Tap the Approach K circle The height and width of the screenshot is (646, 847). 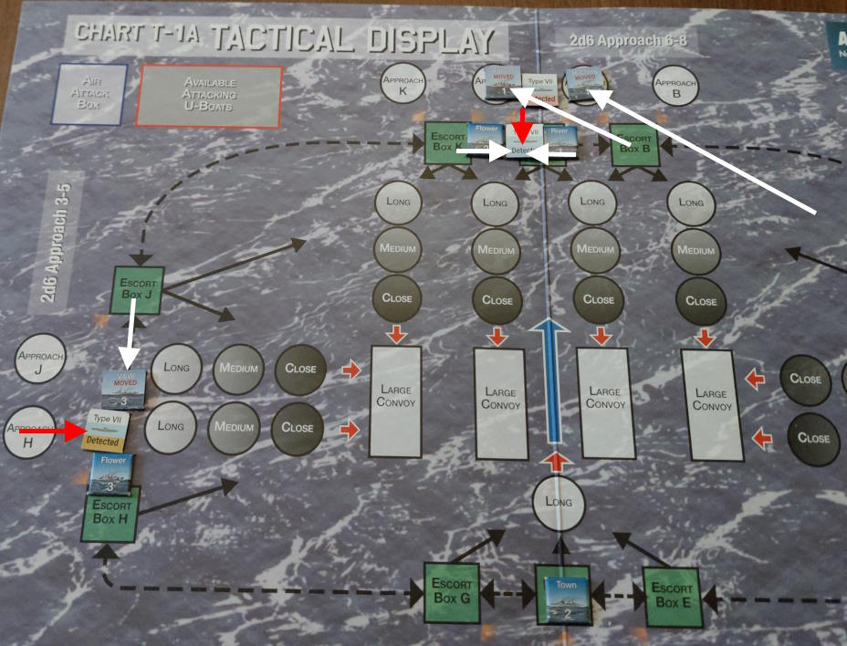[x=403, y=87]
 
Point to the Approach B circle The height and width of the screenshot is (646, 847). [x=675, y=88]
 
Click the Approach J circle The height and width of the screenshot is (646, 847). [x=39, y=360]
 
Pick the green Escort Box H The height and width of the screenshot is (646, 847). [x=111, y=516]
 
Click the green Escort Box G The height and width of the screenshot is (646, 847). [x=451, y=593]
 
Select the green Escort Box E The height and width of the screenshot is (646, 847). [x=672, y=595]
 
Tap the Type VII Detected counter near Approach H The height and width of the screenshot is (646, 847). [x=108, y=430]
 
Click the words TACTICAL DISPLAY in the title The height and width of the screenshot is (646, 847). [x=355, y=38]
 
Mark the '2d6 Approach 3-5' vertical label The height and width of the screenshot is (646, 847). [x=52, y=238]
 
